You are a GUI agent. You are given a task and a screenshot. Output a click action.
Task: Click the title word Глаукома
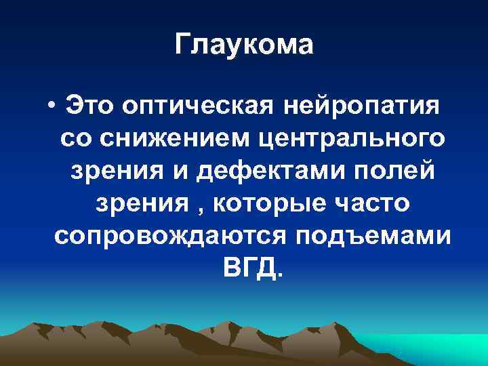click(x=244, y=45)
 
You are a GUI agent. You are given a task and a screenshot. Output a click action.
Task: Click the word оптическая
click(x=197, y=108)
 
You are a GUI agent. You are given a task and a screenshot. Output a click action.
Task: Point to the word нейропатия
click(x=361, y=108)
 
